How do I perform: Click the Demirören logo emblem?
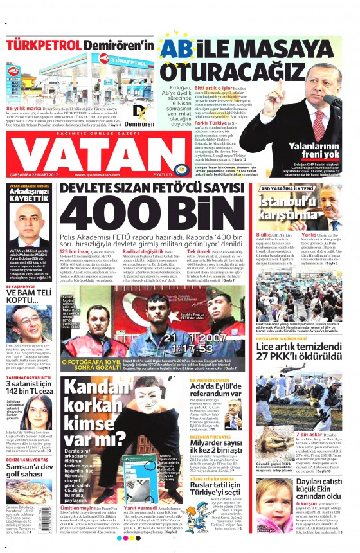tap(138, 111)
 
